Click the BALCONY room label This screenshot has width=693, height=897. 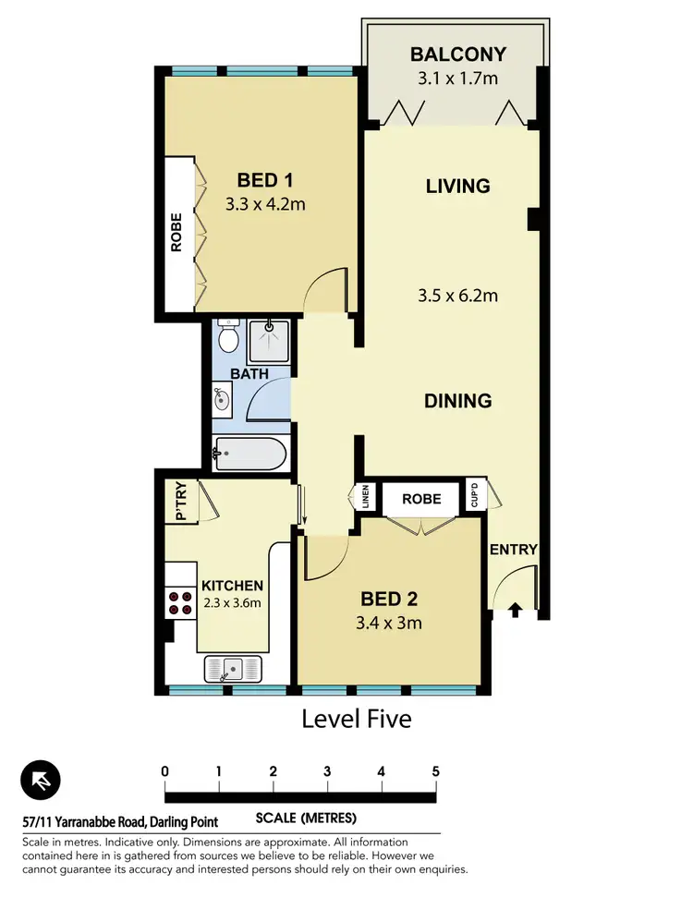(453, 55)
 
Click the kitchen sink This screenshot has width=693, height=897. (235, 666)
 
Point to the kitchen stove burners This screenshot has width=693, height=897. (178, 604)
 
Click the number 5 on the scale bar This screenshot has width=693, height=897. (434, 771)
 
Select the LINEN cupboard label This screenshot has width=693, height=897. (365, 497)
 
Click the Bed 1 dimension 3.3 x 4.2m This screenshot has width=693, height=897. (265, 204)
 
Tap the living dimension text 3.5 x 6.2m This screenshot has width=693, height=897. (457, 296)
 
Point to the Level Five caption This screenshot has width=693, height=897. (356, 718)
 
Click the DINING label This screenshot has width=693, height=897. (457, 401)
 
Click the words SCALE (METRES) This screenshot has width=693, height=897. (306, 818)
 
